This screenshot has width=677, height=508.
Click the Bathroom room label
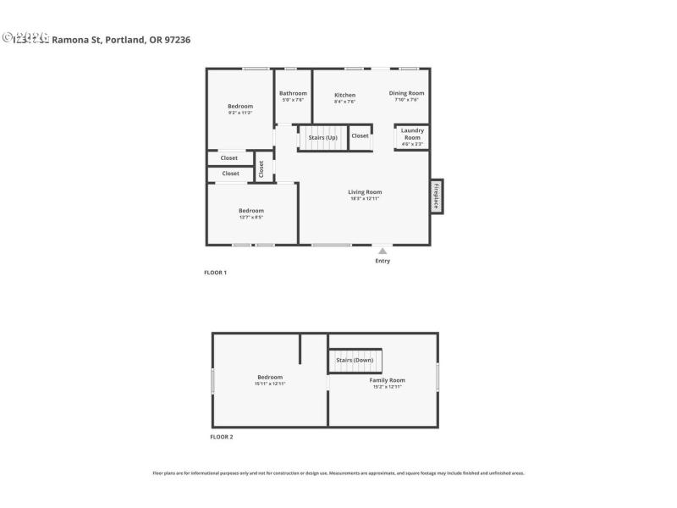293,93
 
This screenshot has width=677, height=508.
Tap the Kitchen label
344,95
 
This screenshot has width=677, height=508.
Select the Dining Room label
406,93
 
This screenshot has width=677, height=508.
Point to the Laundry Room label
412,134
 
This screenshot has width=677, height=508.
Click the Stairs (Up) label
322,137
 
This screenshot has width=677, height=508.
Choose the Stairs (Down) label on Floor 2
355,360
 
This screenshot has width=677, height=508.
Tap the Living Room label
366,192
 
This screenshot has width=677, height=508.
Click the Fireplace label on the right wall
437,196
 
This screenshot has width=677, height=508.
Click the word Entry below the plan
383,261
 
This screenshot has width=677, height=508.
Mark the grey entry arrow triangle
383,250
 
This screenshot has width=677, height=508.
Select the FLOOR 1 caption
215,273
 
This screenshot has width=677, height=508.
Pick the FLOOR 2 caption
221,437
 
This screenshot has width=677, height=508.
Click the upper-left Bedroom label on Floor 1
239,106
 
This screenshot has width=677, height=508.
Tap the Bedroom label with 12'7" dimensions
250,211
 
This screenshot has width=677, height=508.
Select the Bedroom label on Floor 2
270,377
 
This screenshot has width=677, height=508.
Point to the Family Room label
387,380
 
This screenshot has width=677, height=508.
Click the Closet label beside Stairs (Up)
360,135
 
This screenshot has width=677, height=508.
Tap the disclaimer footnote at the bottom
338,473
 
